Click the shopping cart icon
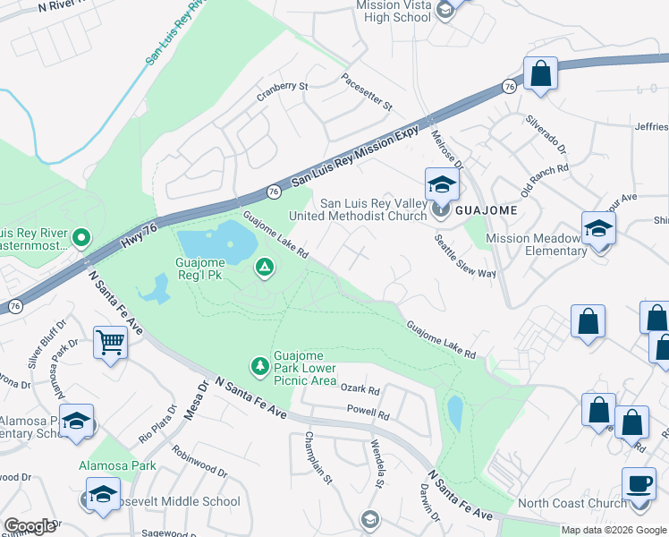(109, 341)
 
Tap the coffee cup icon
(639, 484)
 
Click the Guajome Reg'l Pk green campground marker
(264, 266)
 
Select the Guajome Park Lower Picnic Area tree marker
(259, 365)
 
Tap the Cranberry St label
(282, 87)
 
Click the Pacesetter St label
(367, 92)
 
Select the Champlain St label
(318, 465)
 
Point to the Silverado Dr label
(546, 132)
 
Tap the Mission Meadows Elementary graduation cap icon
(598, 227)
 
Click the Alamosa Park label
(117, 465)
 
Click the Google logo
(30, 525)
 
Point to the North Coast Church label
(572, 503)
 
